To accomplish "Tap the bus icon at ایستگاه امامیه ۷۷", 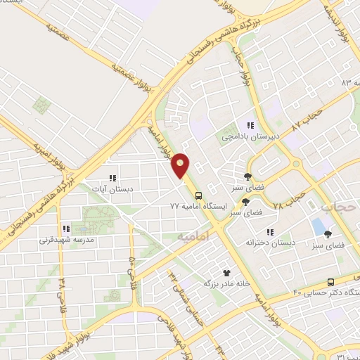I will coord(198,195).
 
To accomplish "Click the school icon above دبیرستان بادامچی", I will coord(250,125).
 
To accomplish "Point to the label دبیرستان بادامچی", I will coord(241,136).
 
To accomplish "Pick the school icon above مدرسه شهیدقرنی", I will coord(65,229).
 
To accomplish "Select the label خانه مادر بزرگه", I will coord(226,283).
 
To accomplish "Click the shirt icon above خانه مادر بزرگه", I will coord(226,272).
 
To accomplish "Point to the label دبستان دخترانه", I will coord(269,243).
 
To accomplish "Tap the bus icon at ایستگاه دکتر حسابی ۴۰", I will coord(333,281).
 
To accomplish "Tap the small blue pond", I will coord(319,227).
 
